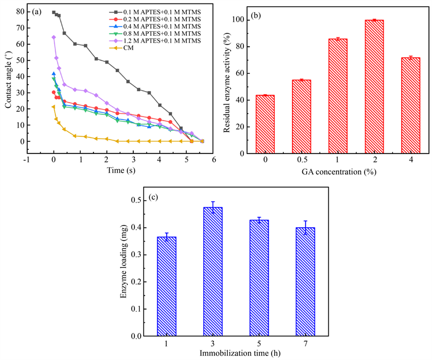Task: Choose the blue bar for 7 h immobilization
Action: click(x=305, y=282)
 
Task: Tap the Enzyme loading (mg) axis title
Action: click(x=123, y=268)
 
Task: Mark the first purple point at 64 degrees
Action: click(x=54, y=37)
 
